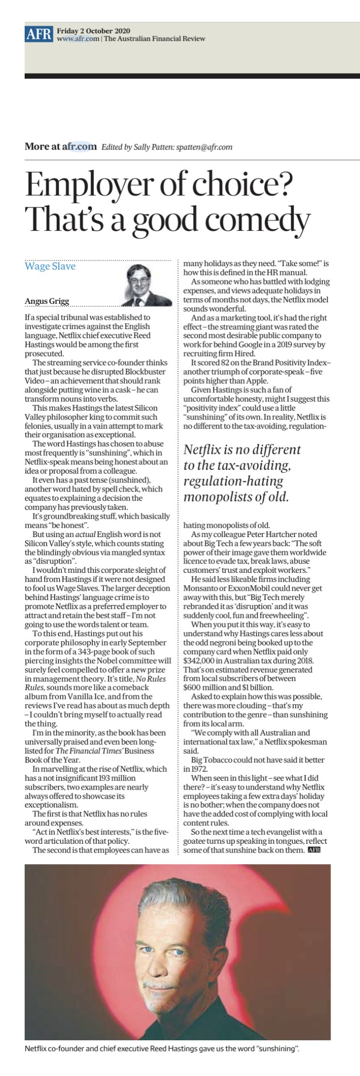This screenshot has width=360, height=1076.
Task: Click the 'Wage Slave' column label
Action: point(50,266)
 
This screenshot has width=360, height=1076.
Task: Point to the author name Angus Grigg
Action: point(47,301)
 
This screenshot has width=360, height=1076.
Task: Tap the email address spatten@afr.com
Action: point(206,147)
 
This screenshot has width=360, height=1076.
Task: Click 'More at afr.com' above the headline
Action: point(60,147)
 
